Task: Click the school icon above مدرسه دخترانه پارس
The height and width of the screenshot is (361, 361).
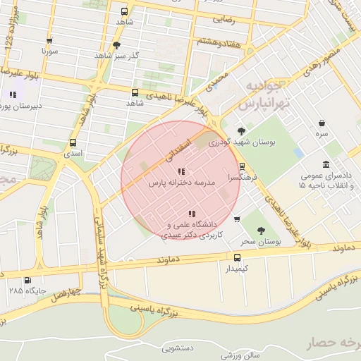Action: [x=181, y=171]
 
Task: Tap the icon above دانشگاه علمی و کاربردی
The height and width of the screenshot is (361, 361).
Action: [x=191, y=213]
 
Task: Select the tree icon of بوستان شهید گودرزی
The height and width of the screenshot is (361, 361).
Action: [x=242, y=130]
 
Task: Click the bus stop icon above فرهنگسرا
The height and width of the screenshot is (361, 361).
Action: [x=242, y=167]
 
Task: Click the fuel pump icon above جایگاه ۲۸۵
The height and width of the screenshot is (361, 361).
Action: [x=27, y=279]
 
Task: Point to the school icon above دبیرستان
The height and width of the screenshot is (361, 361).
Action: [x=13, y=94]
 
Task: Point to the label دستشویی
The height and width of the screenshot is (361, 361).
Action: [x=177, y=348]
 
